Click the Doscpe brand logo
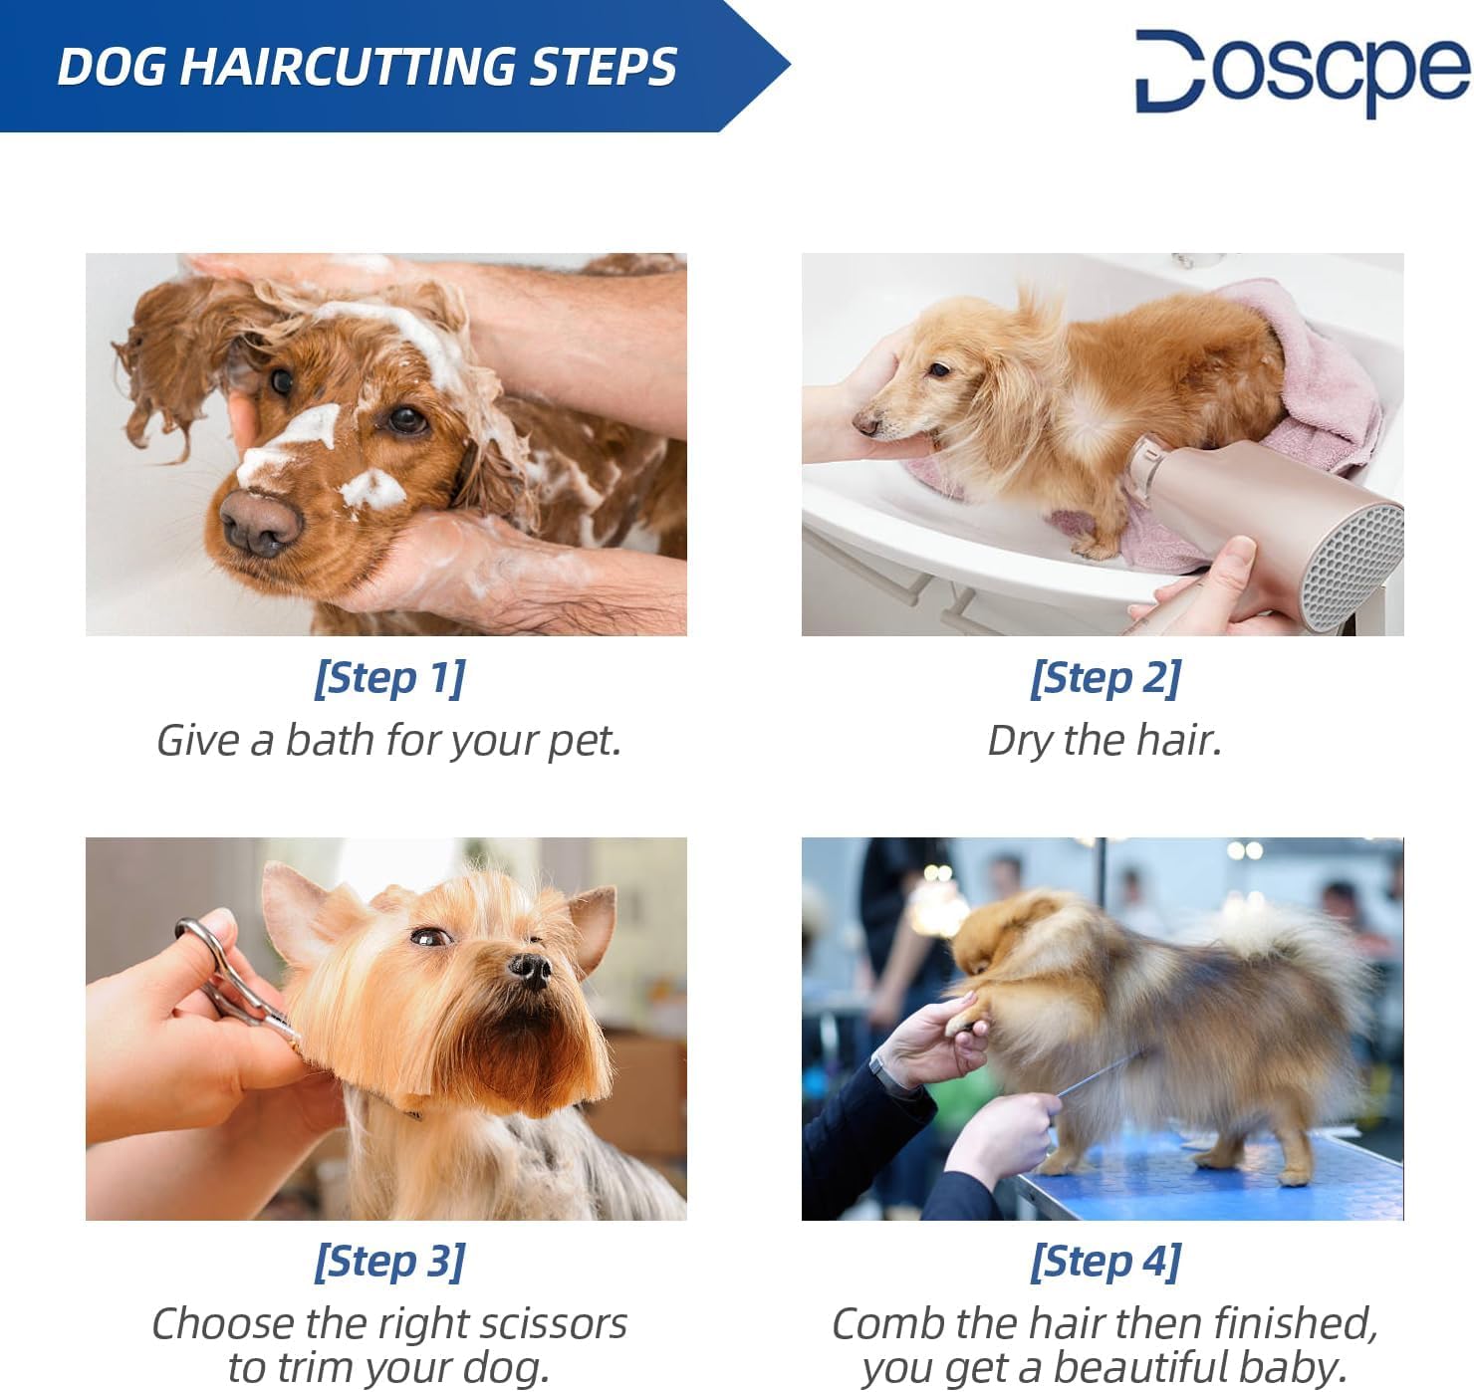coord(1303,72)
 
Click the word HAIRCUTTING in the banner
coord(349,67)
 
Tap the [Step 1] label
coord(389,678)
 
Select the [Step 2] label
coord(1105,678)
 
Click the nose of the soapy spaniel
coord(261,522)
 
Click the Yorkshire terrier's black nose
coord(530,968)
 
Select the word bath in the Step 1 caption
coord(330,740)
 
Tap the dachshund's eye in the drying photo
coord(939,369)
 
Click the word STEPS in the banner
coord(603,67)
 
